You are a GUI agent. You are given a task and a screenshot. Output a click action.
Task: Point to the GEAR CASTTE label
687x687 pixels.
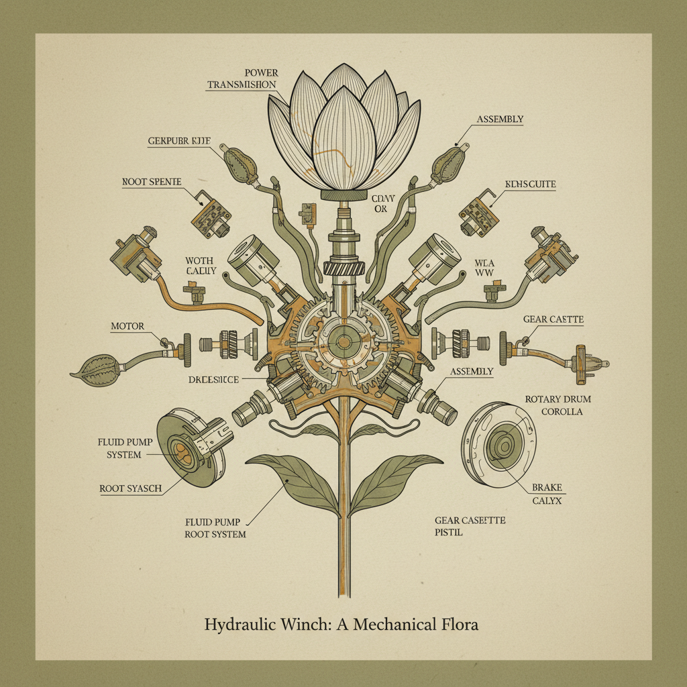553,321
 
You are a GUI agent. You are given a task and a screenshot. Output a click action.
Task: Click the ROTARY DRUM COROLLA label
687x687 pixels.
553,405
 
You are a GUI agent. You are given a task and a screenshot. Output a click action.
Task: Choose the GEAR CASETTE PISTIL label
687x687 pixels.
469,527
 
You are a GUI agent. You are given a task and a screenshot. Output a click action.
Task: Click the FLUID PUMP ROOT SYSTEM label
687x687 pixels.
215,527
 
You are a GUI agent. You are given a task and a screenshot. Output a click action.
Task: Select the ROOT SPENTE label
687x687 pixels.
152,182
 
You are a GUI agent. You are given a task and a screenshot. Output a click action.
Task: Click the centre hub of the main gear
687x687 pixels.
343,341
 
